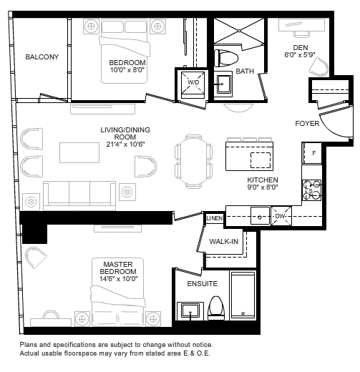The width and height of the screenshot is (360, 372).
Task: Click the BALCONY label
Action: (x=42, y=57)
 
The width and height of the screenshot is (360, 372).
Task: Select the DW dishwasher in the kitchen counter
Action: (x=281, y=216)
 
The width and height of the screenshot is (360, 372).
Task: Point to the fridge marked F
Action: (x=312, y=153)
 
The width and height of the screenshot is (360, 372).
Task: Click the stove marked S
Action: (x=312, y=190)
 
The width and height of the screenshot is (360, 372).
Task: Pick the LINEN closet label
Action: (x=215, y=218)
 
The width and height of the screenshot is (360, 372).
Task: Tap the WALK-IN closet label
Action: (x=224, y=242)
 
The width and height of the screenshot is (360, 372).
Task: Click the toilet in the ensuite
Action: (x=216, y=308)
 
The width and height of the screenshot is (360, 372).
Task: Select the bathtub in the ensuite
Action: (x=243, y=295)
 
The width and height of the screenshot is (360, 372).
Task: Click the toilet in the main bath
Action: (x=226, y=58)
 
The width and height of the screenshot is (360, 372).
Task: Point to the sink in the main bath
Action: (x=223, y=84)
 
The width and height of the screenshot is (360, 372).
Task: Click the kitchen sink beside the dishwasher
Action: (x=260, y=216)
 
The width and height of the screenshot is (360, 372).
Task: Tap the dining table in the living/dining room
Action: (x=194, y=161)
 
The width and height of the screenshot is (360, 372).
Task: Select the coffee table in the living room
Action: (x=79, y=152)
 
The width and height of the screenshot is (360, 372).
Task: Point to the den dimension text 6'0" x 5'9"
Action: (x=300, y=55)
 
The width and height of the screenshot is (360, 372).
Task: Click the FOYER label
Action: (x=307, y=124)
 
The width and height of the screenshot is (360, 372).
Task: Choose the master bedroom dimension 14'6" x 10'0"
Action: (x=118, y=279)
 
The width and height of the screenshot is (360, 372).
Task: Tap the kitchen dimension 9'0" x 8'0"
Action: (x=263, y=187)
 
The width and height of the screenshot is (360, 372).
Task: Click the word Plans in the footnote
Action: (x=29, y=345)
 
